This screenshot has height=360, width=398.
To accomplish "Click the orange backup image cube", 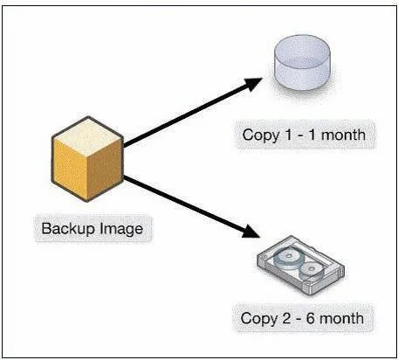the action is point(87,159).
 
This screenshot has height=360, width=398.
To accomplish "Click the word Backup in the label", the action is point(69,229).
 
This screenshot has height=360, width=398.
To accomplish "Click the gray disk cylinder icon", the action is point(302,62).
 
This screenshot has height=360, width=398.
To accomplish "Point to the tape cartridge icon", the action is point(300,265).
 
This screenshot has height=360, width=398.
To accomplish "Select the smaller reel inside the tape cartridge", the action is point(312,269).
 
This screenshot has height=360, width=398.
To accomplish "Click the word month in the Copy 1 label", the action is point(343,135).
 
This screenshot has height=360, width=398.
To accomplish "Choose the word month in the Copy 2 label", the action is point(342,318).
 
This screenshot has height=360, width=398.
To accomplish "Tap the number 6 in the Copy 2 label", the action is point(310,318).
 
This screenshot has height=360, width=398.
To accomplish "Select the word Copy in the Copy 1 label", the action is point(260,135).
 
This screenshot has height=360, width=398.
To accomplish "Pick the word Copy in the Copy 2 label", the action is point(259,319).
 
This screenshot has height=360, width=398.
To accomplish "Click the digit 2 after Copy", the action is point(286,318).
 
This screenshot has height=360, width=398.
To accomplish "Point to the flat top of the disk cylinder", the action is point(302,50).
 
